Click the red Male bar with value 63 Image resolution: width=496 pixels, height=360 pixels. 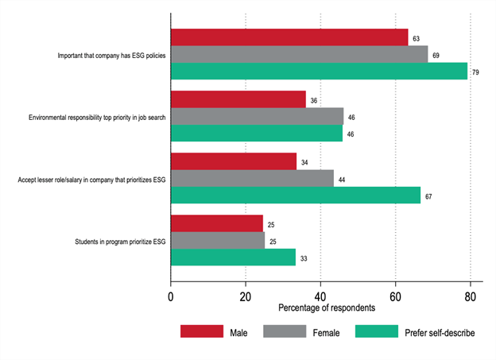click(289, 37)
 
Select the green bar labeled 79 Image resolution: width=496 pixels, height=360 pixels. click(319, 71)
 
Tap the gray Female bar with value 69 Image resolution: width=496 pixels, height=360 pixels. click(299, 53)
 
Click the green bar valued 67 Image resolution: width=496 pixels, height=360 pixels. click(296, 195)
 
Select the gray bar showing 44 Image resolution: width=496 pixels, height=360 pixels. click(252, 178)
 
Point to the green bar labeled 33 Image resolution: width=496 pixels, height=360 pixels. click(233, 257)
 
